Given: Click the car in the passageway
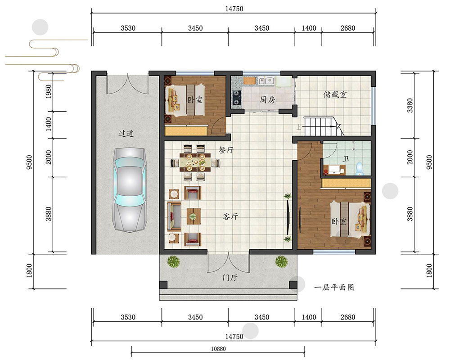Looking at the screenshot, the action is (130, 189).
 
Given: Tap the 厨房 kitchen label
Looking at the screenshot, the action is (267, 99).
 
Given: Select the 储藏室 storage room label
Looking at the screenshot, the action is (335, 94).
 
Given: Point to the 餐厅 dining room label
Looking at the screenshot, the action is (226, 150).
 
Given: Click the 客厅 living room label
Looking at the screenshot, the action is (230, 216).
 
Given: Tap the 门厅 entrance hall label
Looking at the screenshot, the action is (230, 278).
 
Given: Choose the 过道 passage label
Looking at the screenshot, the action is (126, 134).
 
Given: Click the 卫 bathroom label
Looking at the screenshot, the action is (346, 159).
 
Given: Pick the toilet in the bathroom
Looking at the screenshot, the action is (359, 168).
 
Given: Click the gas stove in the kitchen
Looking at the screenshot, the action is (237, 98).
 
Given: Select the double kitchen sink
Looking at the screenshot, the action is (266, 81).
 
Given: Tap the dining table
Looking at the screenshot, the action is (195, 162).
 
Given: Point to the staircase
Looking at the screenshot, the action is (324, 126).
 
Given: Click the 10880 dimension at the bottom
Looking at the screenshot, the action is (218, 349).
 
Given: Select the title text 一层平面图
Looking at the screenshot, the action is (334, 288).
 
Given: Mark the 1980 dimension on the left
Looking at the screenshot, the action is (49, 92).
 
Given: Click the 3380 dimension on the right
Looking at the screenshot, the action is (410, 105).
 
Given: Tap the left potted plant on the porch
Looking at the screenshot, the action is (173, 261).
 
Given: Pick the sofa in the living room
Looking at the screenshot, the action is (174, 216).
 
